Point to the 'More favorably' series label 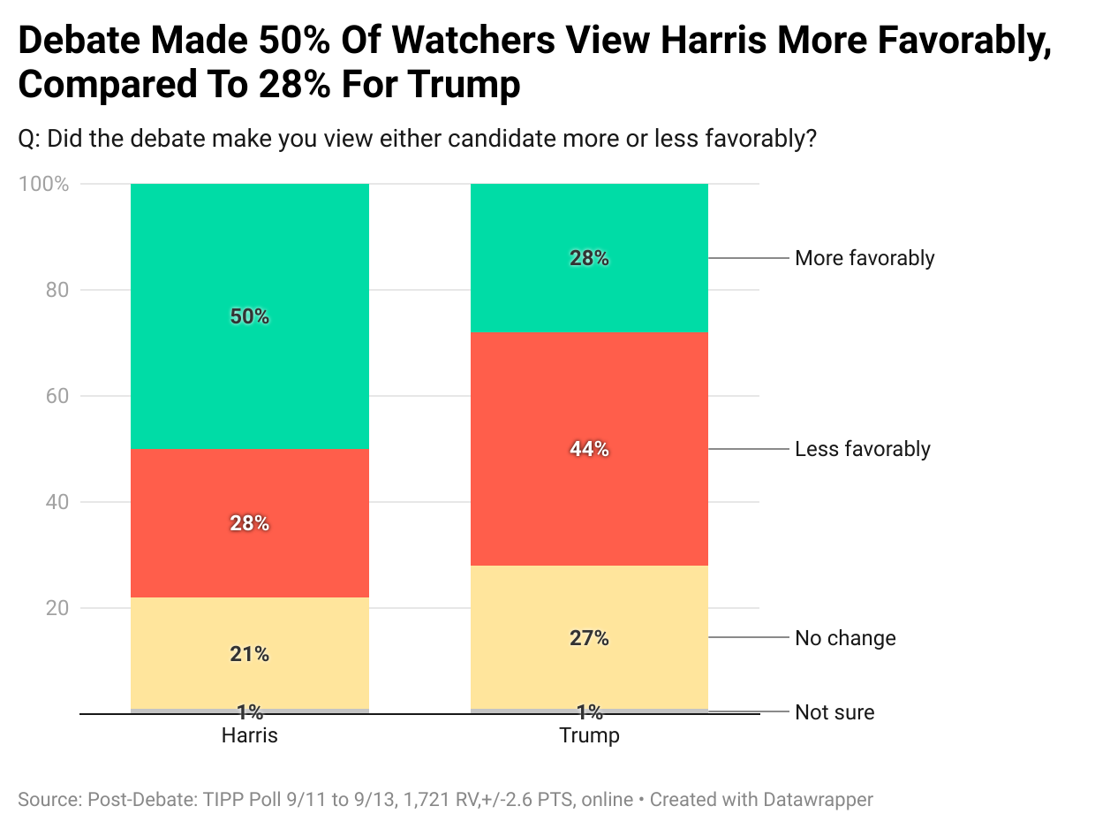[864, 258]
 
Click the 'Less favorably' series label [862, 449]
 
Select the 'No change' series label [845, 638]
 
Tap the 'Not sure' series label [834, 712]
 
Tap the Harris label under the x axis [249, 735]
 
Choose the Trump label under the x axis [589, 735]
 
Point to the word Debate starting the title [79, 42]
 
